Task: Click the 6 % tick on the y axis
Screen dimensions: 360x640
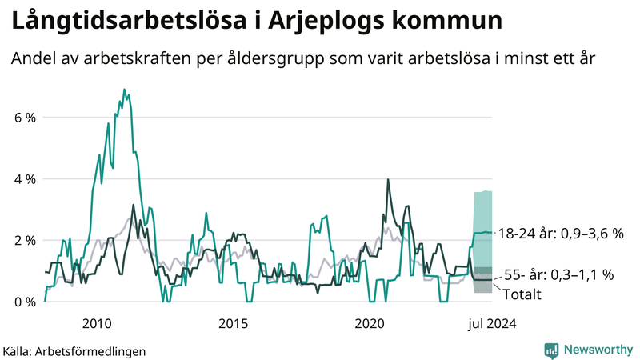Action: click(23, 118)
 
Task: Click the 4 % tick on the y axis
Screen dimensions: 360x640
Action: click(23, 179)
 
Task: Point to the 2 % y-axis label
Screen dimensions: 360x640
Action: click(23, 241)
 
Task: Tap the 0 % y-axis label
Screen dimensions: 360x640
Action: click(23, 302)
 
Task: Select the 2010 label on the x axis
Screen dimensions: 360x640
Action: click(97, 324)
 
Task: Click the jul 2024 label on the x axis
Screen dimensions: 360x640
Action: click(492, 324)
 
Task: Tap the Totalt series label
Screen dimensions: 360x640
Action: click(522, 294)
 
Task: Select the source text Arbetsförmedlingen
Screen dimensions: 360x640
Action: click(90, 351)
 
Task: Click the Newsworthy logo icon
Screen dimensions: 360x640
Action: click(551, 350)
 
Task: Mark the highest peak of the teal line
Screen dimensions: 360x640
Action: click(124, 90)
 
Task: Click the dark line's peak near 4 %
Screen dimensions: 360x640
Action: click(388, 180)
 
